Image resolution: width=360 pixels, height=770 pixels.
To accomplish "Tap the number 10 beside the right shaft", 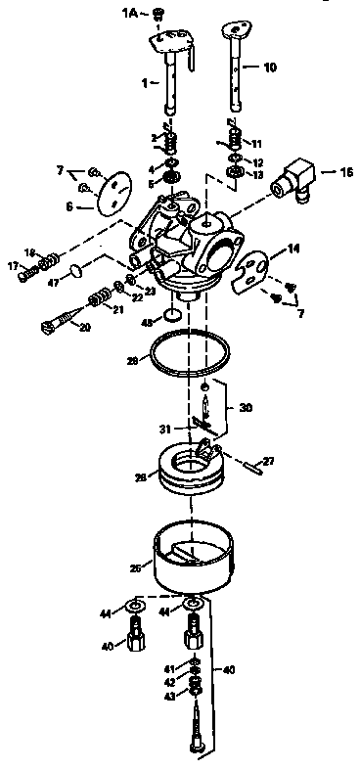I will click(271, 68).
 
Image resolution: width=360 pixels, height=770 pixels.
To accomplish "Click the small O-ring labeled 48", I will click(171, 316).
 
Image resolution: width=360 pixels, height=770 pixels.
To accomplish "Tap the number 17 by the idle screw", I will click(14, 265).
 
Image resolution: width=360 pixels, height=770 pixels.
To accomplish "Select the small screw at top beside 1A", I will click(159, 13).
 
